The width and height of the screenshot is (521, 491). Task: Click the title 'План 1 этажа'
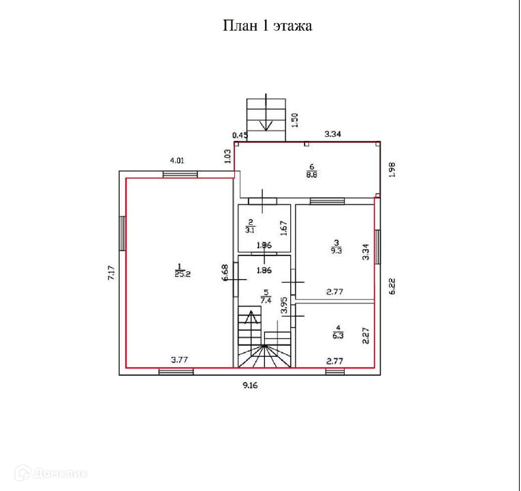click(x=268, y=27)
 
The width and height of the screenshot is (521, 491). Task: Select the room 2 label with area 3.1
click(x=250, y=226)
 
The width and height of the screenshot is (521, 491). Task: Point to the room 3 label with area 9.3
click(x=335, y=246)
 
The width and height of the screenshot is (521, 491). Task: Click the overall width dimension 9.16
click(x=253, y=385)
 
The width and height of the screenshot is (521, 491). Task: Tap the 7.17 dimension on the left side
click(x=110, y=274)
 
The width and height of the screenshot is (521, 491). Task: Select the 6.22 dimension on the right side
click(x=392, y=285)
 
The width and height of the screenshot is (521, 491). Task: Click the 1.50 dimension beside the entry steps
click(x=295, y=121)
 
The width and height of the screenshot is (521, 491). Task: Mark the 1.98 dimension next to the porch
click(x=392, y=170)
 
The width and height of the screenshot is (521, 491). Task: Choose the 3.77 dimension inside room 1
click(x=180, y=361)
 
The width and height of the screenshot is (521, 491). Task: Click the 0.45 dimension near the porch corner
click(x=239, y=135)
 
